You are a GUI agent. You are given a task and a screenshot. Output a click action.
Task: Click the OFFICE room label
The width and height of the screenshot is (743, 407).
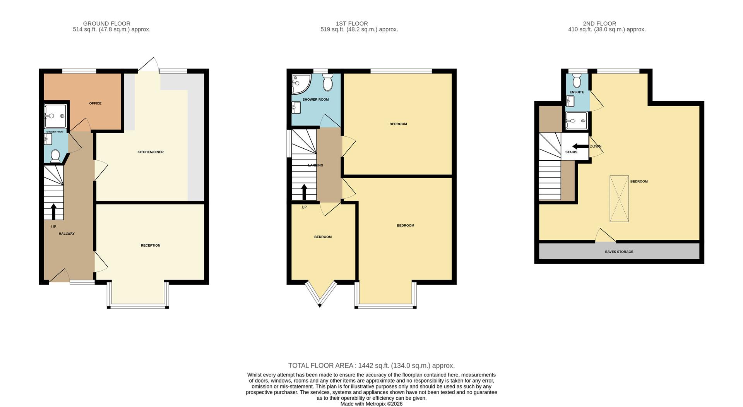pos(95,103)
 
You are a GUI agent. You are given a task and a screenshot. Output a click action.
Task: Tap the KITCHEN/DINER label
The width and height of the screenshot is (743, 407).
pos(151,152)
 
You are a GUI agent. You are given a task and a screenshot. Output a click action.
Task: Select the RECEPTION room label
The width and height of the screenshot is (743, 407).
pos(151,246)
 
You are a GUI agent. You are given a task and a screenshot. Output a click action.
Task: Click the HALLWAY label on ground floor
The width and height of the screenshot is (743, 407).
pos(67,234)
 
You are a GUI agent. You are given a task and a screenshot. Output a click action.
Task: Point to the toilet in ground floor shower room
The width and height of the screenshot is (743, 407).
pos(55,156)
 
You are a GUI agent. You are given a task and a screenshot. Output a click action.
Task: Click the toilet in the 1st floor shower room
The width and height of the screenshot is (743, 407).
pos(327,83)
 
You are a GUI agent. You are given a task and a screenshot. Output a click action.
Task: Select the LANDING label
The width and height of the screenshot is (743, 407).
pos(315,165)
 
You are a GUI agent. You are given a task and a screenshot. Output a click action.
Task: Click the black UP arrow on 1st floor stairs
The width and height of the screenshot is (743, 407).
pos(304,192)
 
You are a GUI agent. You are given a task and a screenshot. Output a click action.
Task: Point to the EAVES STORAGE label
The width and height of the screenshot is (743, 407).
pos(619,252)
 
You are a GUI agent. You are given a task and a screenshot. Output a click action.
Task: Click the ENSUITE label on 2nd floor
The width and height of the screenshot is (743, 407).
pos(577,92)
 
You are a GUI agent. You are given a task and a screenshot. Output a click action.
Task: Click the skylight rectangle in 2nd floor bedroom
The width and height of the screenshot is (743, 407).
pos(619,199)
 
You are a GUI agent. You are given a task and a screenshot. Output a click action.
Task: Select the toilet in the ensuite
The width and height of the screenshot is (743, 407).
pos(577,81)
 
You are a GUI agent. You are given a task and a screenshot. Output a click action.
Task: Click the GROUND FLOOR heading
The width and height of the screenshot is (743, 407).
pos(106,24)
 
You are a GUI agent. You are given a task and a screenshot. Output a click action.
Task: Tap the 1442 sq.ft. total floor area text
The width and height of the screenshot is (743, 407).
pos(371,366)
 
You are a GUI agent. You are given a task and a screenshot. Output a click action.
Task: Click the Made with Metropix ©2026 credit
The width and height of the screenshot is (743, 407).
pos(371,404)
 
